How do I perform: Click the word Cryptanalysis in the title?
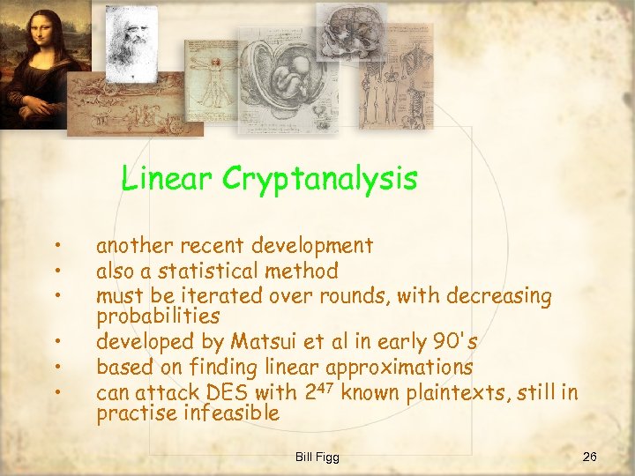[320, 180]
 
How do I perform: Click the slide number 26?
[590, 456]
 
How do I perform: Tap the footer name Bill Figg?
[317, 457]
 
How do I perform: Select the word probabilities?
[158, 315]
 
